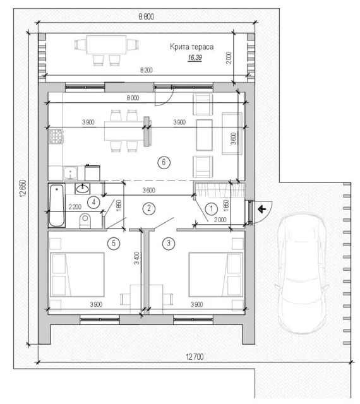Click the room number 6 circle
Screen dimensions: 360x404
point(164,162)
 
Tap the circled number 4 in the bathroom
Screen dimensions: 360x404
point(93,202)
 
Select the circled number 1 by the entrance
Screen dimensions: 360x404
point(212,208)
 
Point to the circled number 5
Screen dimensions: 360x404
point(114,243)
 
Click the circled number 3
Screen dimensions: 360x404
point(169,243)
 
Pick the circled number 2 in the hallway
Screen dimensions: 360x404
point(149,208)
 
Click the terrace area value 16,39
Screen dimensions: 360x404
point(195,57)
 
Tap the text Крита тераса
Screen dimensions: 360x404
point(191,47)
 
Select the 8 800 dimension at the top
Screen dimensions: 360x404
point(147,16)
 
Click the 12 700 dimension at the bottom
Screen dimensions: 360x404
point(195,357)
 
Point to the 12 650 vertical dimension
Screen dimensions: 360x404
point(23,188)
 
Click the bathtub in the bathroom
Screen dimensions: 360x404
point(57,206)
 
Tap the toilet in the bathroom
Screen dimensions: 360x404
point(85,221)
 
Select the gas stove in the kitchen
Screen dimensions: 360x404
point(56,136)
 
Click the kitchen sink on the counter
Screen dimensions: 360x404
point(70,173)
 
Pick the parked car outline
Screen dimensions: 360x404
point(302,273)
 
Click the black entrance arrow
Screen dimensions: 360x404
point(262,209)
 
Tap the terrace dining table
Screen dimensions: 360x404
point(107,45)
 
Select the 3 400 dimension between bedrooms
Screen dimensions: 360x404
point(136,258)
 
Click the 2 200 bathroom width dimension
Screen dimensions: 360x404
point(75,206)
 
